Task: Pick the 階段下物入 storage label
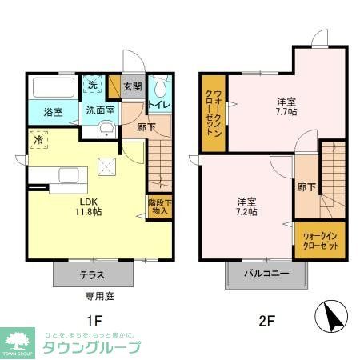coord(158,207)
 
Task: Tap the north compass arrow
coord(333,318)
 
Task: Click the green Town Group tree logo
coord(18,338)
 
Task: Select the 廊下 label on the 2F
coord(306,186)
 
